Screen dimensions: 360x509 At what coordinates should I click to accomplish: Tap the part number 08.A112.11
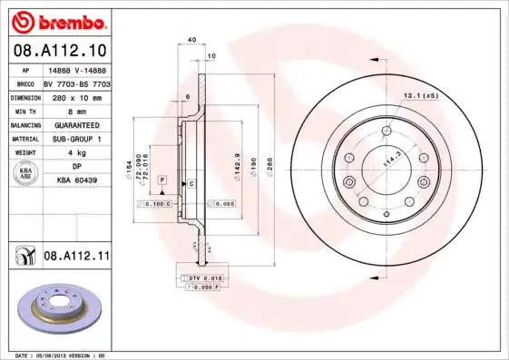tap(76, 258)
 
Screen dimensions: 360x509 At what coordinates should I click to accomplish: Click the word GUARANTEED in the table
tap(76, 125)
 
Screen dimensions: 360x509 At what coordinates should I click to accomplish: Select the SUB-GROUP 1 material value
tap(76, 139)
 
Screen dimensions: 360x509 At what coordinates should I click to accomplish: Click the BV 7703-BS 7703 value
tap(76, 83)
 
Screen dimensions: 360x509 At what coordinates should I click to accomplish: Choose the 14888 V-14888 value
tap(76, 69)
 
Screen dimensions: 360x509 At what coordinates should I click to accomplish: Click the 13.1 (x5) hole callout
tap(421, 95)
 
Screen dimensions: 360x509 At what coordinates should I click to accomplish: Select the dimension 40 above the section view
tap(191, 40)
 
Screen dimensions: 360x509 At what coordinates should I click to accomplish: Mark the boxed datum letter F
tap(162, 181)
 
